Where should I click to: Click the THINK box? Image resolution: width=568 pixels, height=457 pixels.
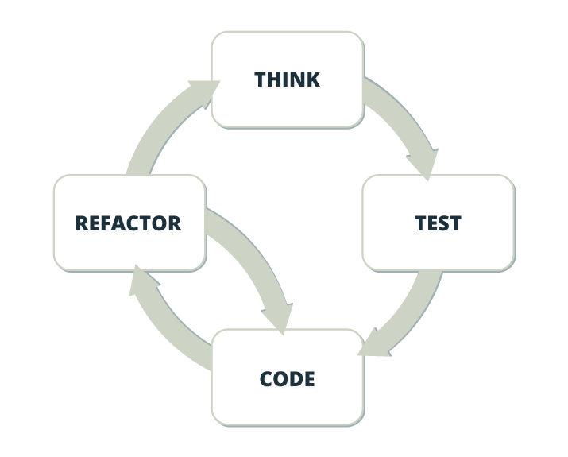(288, 79)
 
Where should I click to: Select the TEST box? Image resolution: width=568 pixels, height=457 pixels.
(439, 223)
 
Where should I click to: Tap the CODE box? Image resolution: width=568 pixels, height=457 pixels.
(288, 378)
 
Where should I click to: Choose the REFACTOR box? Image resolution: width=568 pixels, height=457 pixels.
(129, 223)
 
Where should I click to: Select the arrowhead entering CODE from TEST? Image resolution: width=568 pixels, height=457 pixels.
(373, 345)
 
